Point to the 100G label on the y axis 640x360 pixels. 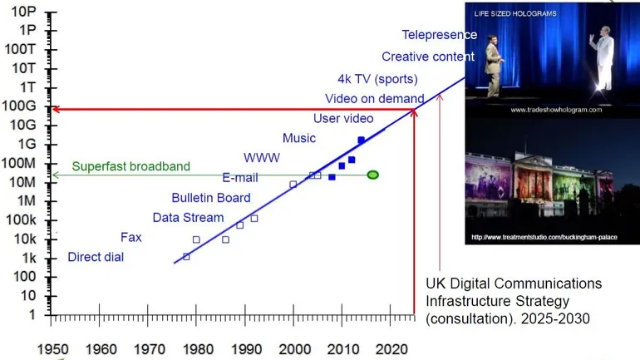19,106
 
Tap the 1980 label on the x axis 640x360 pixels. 196,348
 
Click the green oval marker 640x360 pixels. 372,175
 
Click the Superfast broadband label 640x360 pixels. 130,166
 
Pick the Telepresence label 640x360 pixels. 439,35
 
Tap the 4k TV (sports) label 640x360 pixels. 377,79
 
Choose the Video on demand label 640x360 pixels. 380,99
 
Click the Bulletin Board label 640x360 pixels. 211,198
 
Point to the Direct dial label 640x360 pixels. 96,257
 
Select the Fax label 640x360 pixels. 130,237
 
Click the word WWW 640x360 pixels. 261,157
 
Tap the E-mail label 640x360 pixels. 240,177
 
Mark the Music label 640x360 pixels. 299,138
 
